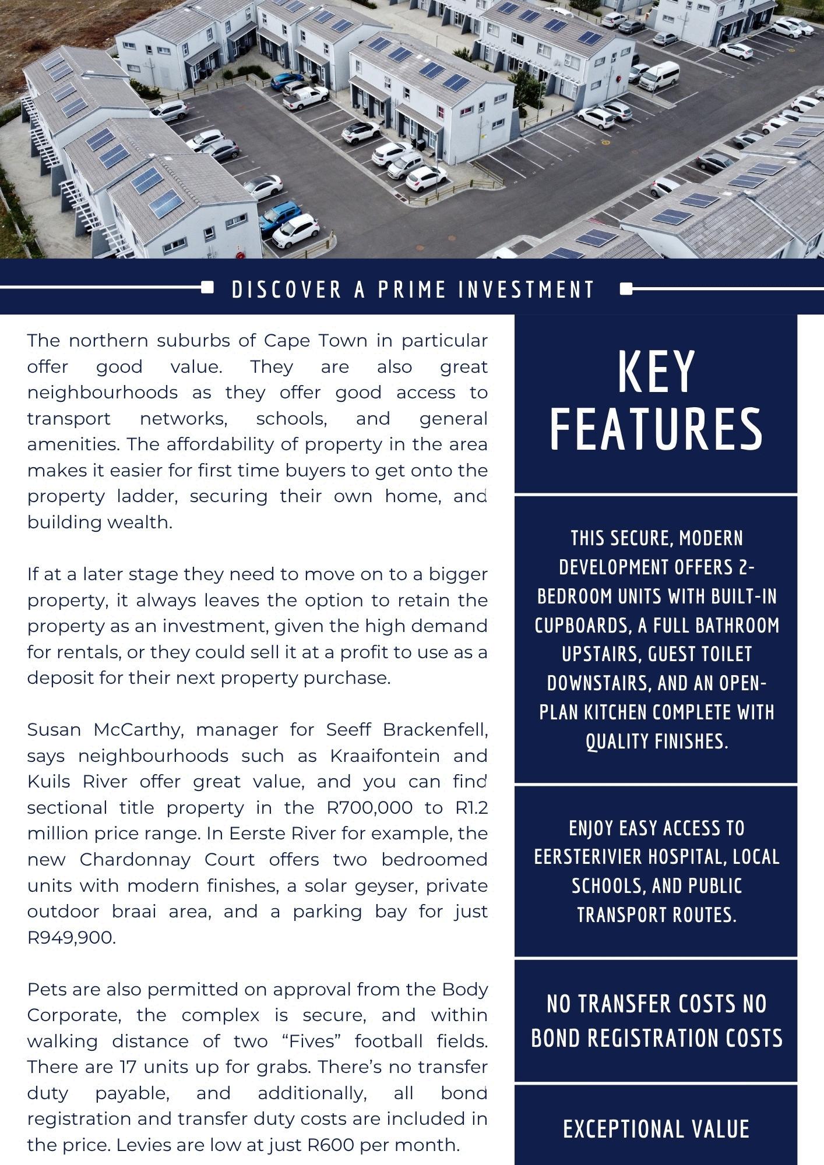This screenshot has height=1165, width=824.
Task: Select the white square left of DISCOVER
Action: coord(207,288)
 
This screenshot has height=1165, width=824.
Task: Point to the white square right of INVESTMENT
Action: coord(626,288)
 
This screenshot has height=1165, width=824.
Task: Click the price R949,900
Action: coord(71,937)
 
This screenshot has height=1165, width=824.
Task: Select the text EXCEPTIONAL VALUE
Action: coord(656,1128)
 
